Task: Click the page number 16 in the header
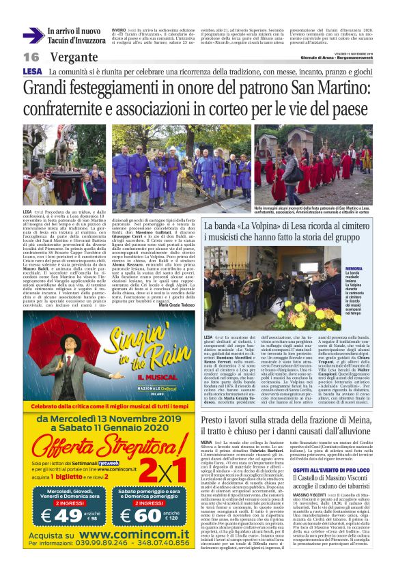pos(31,57)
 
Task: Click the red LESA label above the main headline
pos(31,71)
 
